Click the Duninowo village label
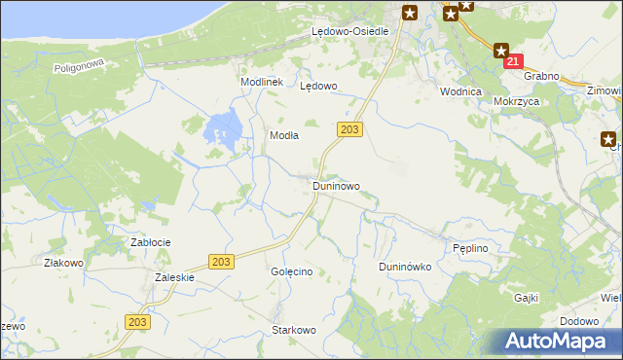point(336,185)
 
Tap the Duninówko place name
point(404,267)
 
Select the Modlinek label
point(261,83)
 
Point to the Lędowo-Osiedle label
point(349,31)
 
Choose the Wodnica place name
point(460,91)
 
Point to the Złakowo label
point(63,263)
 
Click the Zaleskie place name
point(175,277)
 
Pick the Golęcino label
point(291,272)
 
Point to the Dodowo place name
point(579,321)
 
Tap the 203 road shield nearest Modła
point(351,129)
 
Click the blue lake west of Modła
point(224,130)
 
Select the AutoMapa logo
point(559,342)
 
